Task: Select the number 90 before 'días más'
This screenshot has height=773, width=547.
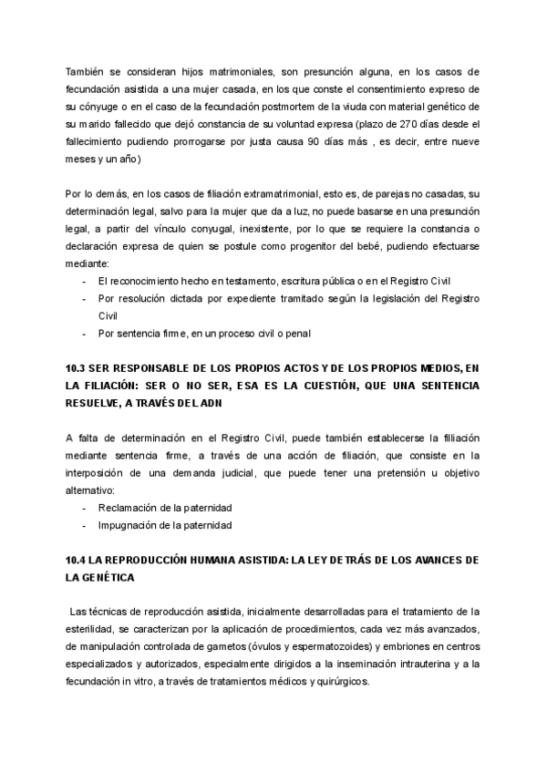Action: click(x=313, y=140)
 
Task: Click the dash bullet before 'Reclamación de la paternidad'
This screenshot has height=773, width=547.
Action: click(x=85, y=508)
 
